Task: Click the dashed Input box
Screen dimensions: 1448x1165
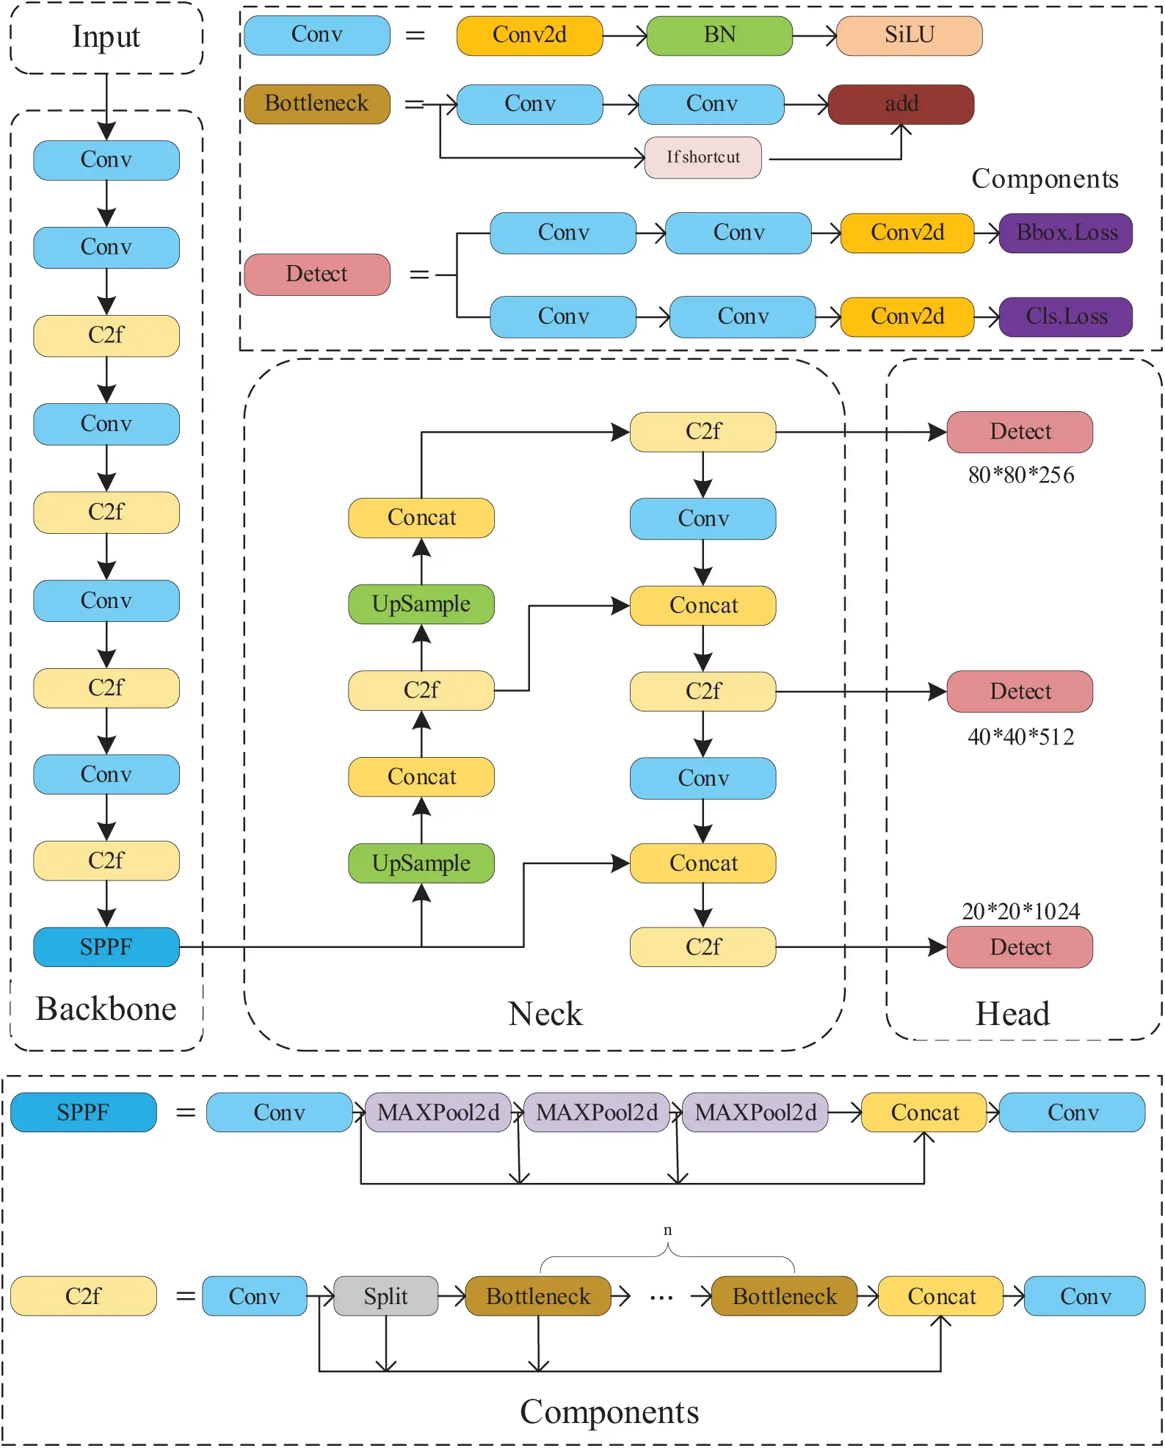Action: click(x=106, y=37)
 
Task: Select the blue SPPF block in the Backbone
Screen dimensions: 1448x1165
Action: click(x=106, y=947)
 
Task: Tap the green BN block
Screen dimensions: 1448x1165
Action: click(x=719, y=35)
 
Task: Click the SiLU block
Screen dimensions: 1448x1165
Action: click(x=909, y=35)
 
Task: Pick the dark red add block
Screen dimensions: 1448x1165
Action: click(x=901, y=104)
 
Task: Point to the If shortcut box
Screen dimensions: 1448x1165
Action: click(x=703, y=157)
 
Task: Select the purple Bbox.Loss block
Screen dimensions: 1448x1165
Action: click(x=1066, y=233)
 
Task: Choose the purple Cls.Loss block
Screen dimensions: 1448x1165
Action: click(x=1066, y=316)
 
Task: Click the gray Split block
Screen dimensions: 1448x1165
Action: click(x=385, y=1296)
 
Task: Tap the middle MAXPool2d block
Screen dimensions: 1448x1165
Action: click(x=596, y=1112)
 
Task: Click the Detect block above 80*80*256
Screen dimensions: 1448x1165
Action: click(x=1020, y=432)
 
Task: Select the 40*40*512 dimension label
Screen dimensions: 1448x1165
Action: click(x=1020, y=736)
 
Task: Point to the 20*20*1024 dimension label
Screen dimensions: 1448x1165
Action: click(x=1020, y=911)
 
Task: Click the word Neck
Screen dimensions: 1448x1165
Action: click(x=545, y=1014)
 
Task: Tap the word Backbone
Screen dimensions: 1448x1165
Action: click(x=106, y=1009)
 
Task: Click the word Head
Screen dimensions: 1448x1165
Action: click(x=1012, y=1014)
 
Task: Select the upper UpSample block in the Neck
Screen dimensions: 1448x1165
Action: click(x=421, y=604)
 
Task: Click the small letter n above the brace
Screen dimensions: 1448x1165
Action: click(x=667, y=1229)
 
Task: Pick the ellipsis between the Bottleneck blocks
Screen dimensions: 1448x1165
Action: click(x=661, y=1298)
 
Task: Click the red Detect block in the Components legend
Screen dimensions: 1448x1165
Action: click(x=316, y=275)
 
